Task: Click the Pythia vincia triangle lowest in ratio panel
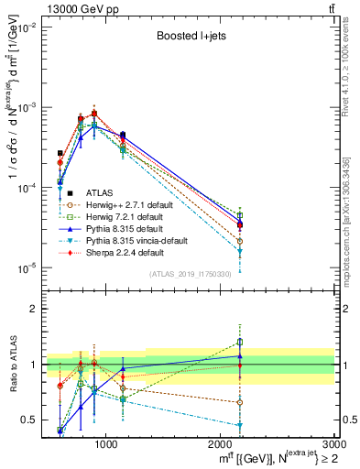point(240,425)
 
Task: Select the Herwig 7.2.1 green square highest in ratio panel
point(240,343)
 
